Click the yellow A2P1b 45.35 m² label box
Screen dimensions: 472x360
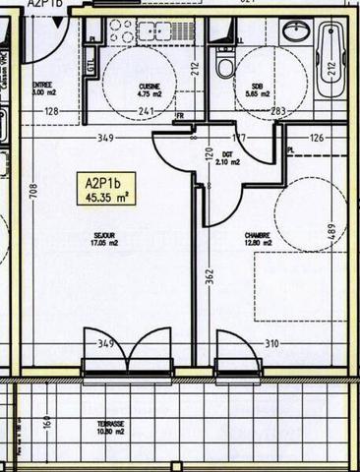105,189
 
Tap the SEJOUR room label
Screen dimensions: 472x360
103,239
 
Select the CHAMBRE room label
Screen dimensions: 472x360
259,239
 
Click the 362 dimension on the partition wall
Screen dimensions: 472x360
209,277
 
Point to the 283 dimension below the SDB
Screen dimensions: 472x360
278,112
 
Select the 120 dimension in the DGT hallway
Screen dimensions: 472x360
208,154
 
